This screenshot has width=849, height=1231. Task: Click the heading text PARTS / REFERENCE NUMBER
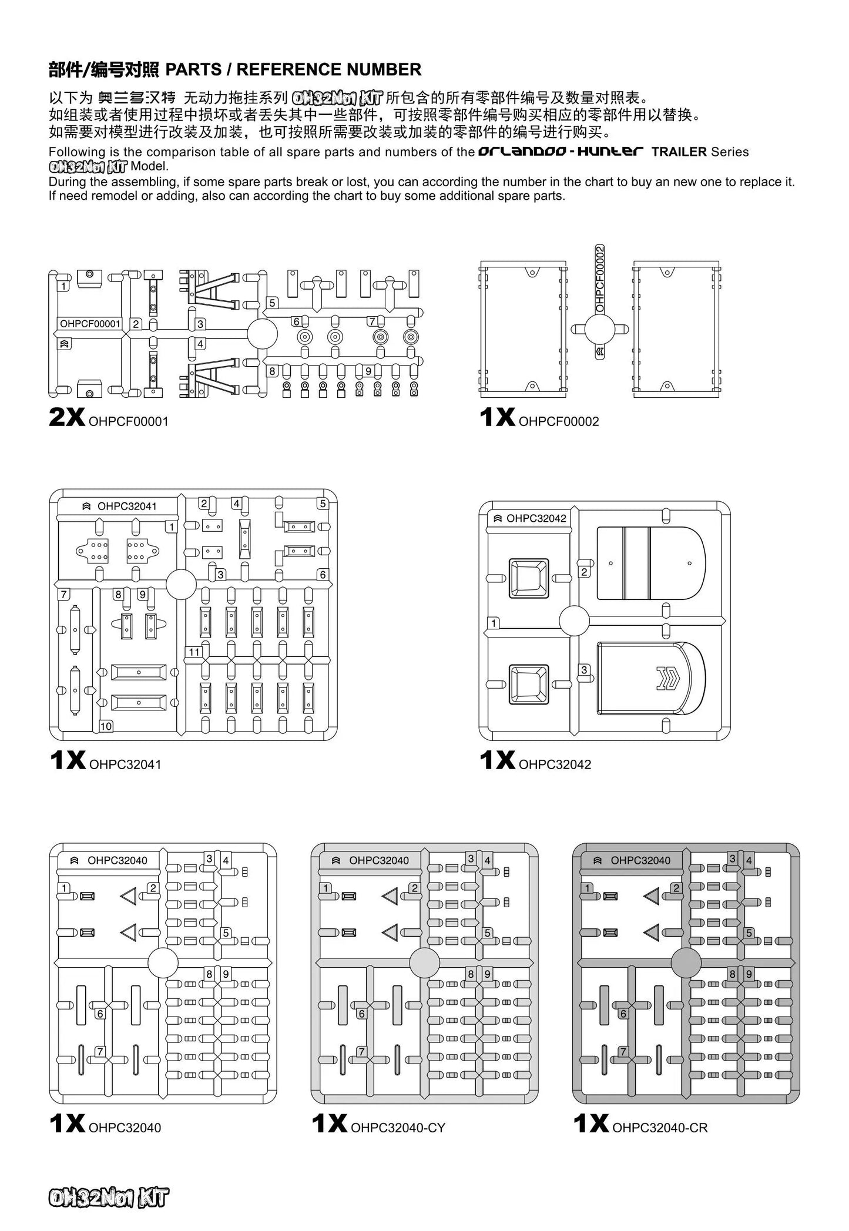(293, 70)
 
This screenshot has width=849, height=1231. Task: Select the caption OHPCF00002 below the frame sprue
(559, 421)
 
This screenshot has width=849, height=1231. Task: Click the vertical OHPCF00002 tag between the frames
(600, 279)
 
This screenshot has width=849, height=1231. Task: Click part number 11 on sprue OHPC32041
(194, 652)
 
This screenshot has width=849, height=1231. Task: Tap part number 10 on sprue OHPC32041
(106, 726)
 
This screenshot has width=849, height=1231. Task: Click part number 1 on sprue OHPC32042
(494, 623)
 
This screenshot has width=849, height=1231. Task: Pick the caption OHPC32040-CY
(398, 1128)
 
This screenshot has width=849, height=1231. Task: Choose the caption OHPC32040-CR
(660, 1128)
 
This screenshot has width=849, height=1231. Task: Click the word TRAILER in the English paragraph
(679, 152)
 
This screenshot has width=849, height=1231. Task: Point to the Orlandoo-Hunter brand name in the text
(561, 152)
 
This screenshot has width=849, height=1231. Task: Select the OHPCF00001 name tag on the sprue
(90, 324)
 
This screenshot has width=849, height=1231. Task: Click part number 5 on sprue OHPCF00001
(272, 303)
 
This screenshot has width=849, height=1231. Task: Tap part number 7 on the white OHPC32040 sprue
(100, 1051)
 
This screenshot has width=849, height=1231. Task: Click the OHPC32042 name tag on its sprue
(531, 518)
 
